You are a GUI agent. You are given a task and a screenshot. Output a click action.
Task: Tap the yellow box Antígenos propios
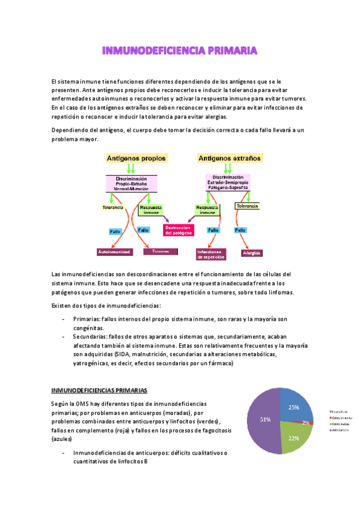136,158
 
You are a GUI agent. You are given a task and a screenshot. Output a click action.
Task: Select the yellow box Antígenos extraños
228,158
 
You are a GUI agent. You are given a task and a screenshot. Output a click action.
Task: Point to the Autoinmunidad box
114,251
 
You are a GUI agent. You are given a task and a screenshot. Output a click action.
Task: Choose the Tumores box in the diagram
160,251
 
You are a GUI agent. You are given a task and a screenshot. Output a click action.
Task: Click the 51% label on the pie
265,419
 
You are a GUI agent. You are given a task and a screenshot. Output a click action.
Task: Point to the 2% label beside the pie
306,423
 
